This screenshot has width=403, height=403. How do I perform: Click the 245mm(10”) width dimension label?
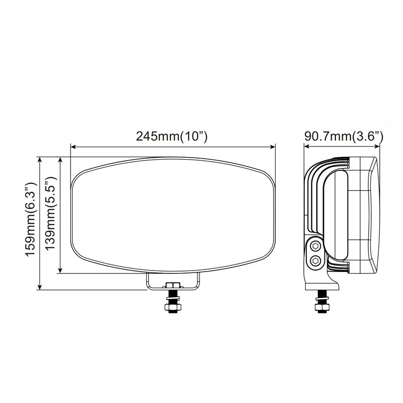(172, 137)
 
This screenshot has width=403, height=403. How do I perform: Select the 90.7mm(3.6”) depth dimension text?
(344, 137)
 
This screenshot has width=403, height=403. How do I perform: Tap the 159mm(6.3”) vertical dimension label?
(31, 223)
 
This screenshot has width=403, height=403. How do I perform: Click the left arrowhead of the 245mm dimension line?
(73, 147)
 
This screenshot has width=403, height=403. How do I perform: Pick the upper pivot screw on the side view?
(316, 246)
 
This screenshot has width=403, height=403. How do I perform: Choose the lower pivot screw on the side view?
(316, 260)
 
